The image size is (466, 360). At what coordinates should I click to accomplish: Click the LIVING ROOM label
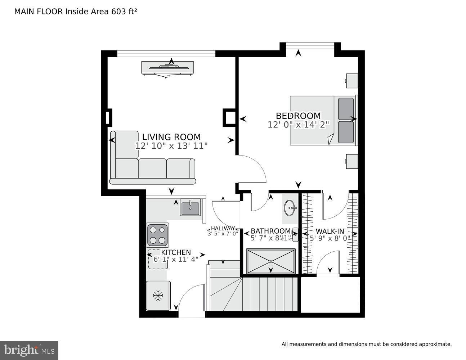coord(171,137)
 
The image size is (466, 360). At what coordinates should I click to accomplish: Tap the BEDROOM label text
coord(298,116)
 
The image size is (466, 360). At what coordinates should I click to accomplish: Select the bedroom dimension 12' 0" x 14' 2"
coord(298,125)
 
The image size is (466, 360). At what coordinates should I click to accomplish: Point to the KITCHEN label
coord(176,252)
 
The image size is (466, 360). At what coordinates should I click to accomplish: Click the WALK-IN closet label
coord(330,231)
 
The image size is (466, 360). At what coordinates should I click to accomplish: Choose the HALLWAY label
coord(223,228)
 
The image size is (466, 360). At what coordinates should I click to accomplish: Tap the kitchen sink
coord(190,208)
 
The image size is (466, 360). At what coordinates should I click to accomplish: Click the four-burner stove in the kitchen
coord(158,235)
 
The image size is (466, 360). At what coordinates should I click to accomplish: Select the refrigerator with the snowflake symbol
coord(158,296)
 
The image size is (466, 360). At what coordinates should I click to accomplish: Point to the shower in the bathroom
coord(271,261)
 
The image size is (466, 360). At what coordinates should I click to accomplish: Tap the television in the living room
coord(167,67)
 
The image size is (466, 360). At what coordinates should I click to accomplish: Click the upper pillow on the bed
coord(346,108)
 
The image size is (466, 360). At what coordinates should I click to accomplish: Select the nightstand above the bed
coord(352,81)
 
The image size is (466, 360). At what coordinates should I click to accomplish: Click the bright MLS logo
coord(29,350)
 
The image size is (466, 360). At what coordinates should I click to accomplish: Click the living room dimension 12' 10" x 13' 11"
coord(171,146)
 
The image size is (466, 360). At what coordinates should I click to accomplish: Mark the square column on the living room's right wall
coord(229,118)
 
